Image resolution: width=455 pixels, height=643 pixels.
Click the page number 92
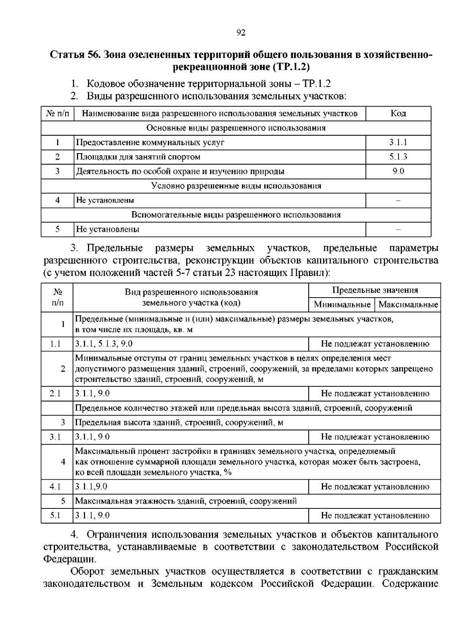click(241, 33)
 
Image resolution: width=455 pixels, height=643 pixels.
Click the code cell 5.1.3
click(398, 157)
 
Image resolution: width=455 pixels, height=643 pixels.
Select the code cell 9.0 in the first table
click(398, 171)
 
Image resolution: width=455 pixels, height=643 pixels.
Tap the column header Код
click(398, 113)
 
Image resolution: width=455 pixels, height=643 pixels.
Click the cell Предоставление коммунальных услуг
click(150, 143)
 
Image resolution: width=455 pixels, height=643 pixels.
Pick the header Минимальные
click(342, 304)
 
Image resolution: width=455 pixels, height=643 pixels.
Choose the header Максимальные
click(408, 304)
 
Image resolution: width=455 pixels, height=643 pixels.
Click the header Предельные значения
click(375, 290)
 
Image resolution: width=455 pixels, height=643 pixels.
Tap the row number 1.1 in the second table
click(55, 344)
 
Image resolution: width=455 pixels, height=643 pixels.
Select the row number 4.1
click(55, 487)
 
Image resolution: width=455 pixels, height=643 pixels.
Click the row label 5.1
click(55, 516)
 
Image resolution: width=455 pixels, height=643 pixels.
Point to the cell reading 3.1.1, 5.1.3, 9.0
click(104, 344)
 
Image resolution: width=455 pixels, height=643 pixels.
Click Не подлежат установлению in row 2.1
click(375, 394)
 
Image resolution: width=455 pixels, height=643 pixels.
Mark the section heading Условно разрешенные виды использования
click(236, 186)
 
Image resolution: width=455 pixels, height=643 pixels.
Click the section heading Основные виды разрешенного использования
click(236, 128)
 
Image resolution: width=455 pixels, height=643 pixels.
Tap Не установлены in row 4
click(105, 200)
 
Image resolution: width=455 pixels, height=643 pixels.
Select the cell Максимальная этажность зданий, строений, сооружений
click(185, 501)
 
